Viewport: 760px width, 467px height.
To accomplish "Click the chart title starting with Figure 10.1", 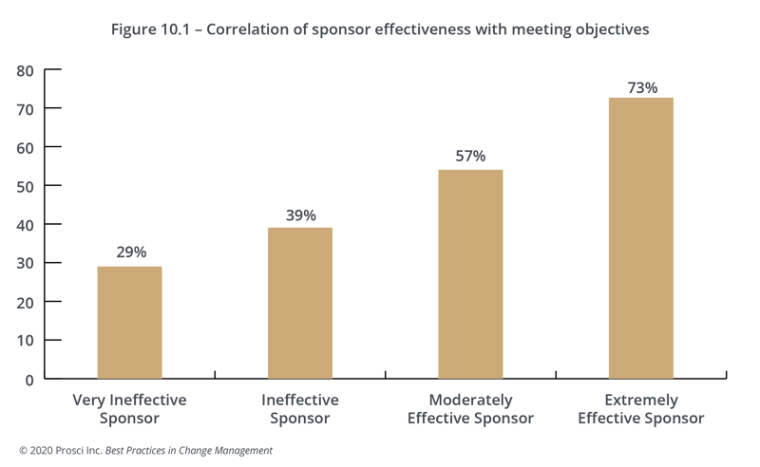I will [380, 29].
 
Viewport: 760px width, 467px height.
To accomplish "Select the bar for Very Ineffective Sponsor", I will [129, 322].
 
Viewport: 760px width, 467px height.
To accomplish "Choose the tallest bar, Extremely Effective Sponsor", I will [641, 237].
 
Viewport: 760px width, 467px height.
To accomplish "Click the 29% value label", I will [129, 252].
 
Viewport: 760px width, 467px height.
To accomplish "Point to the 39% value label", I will [300, 215].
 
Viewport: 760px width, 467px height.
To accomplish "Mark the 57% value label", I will [470, 156].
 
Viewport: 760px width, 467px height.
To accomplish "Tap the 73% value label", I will [641, 87].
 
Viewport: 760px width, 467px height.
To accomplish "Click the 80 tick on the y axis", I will [25, 70].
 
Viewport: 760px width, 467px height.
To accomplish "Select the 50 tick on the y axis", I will [25, 186].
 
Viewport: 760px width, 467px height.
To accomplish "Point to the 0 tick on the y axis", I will [29, 379].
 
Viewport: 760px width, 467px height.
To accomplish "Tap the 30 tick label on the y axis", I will [25, 263].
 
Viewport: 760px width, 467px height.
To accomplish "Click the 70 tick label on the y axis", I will [25, 109].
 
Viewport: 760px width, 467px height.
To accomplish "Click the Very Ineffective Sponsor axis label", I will [129, 409].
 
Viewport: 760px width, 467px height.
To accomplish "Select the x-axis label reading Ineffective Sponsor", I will [300, 409].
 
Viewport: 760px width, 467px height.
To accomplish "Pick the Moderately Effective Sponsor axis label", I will [470, 409].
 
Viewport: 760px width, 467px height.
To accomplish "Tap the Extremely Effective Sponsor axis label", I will [641, 409].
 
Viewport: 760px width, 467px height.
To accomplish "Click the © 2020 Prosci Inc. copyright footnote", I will [145, 451].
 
